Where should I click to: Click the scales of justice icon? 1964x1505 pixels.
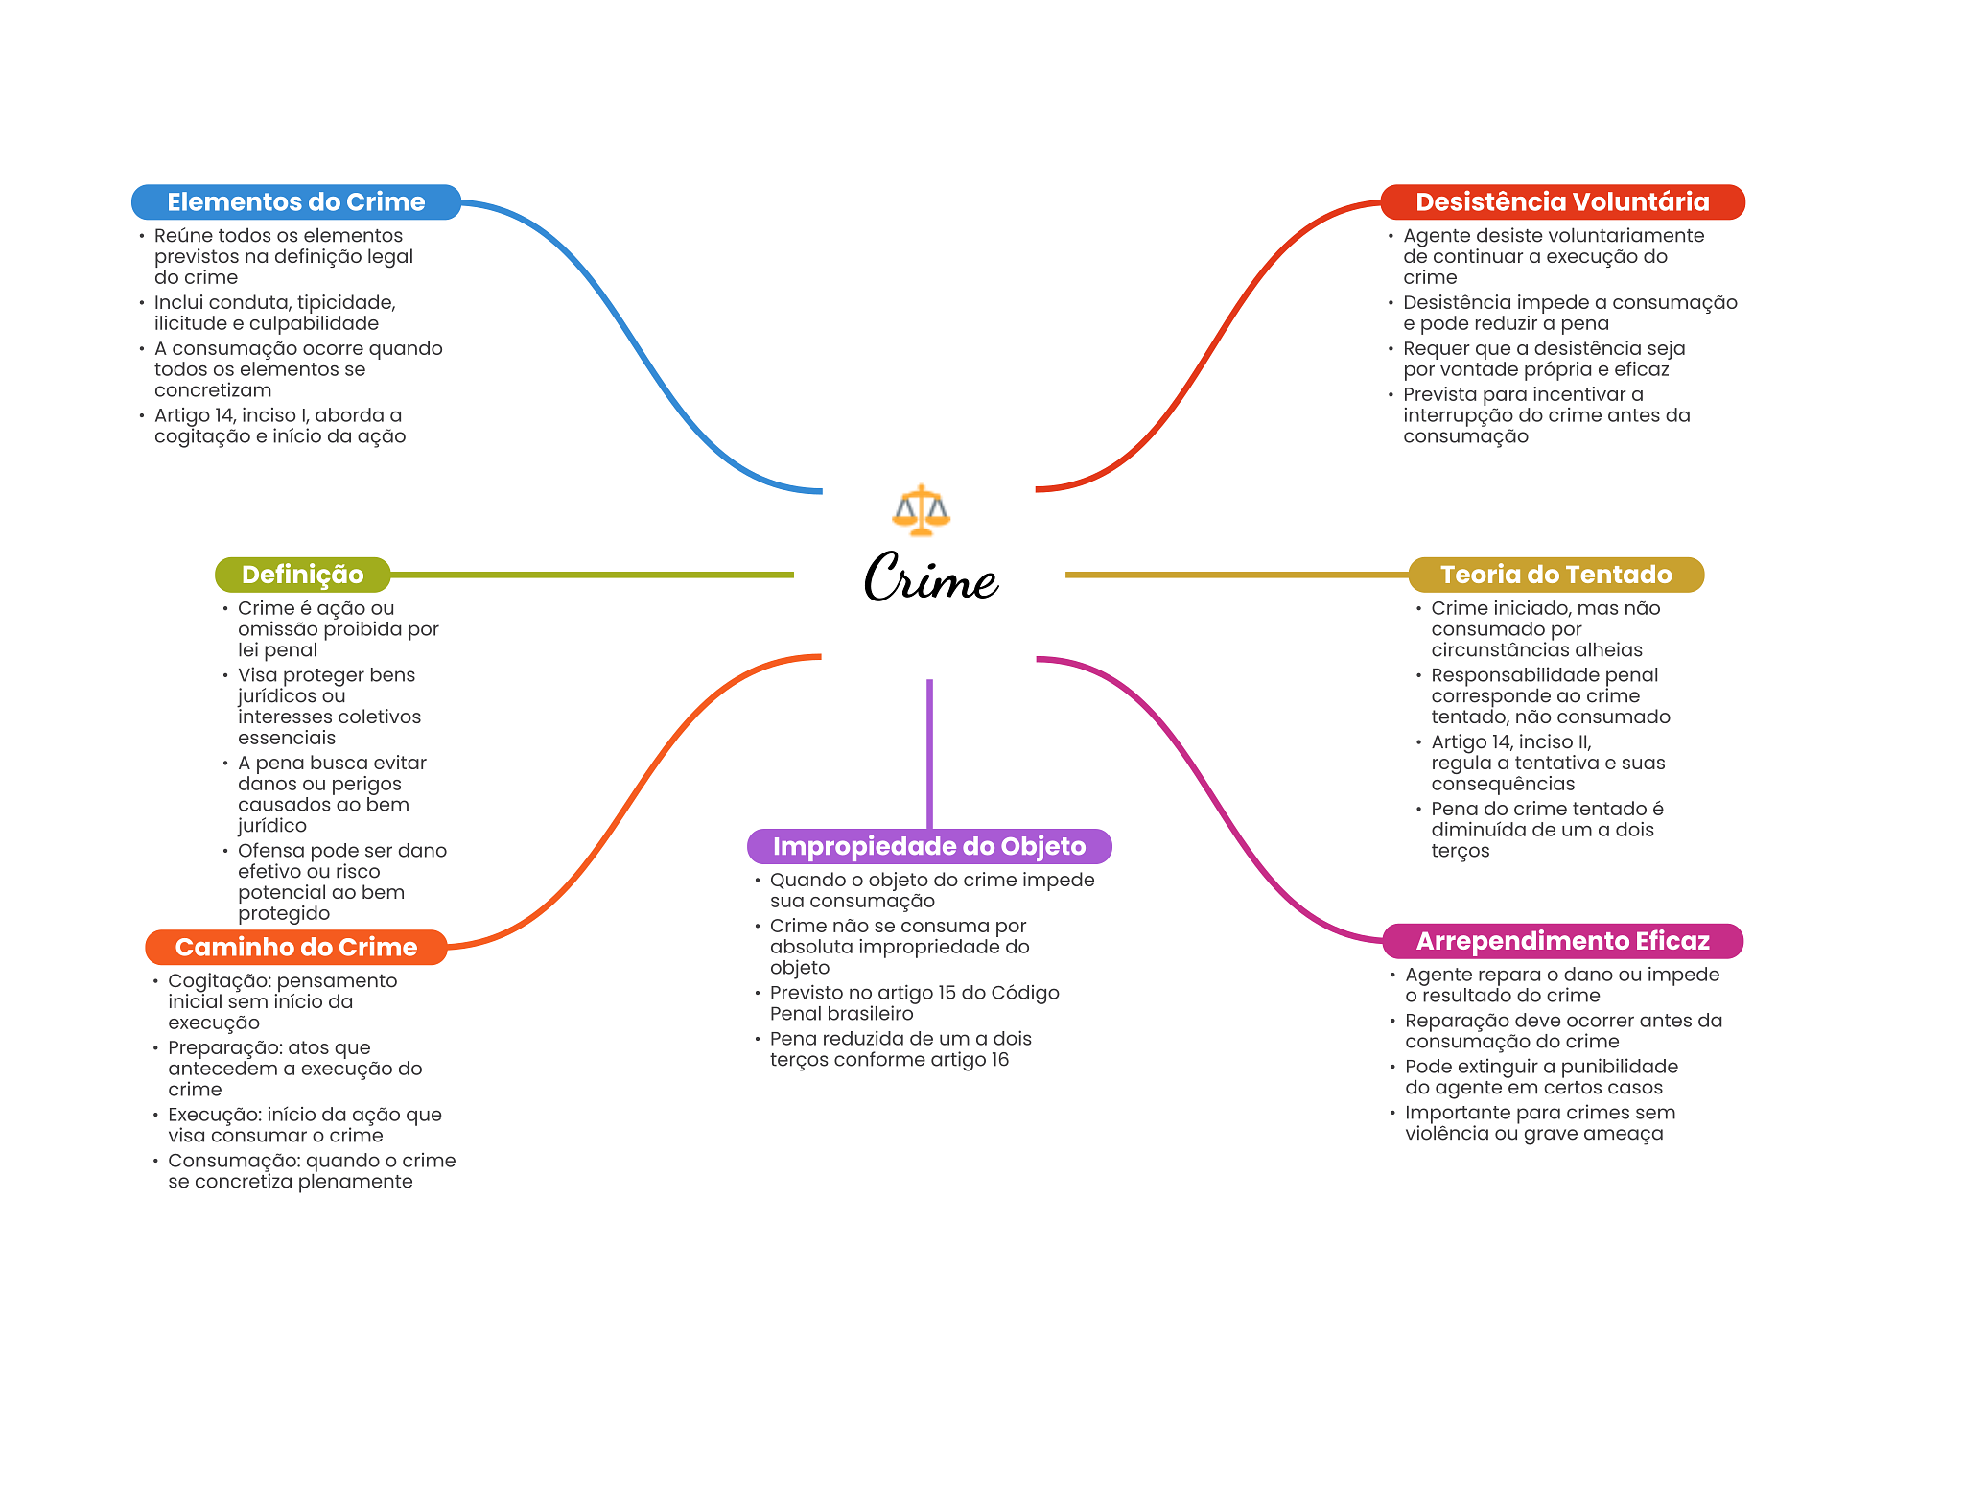[921, 509]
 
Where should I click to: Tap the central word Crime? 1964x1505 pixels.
[931, 577]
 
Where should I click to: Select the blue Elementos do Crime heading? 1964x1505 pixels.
[296, 202]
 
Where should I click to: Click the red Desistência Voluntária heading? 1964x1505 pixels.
[1562, 202]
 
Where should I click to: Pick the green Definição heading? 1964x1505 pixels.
[303, 575]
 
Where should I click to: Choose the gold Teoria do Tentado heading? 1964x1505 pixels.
[1555, 575]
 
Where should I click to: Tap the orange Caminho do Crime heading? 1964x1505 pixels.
[296, 948]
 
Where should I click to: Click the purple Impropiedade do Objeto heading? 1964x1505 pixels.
[929, 846]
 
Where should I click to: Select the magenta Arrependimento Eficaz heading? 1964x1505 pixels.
[1562, 941]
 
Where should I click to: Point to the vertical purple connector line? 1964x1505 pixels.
[929, 754]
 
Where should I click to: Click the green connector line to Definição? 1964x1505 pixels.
[593, 575]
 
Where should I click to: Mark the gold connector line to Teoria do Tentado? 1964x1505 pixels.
[1237, 575]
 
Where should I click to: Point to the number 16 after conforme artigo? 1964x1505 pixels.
[999, 1060]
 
